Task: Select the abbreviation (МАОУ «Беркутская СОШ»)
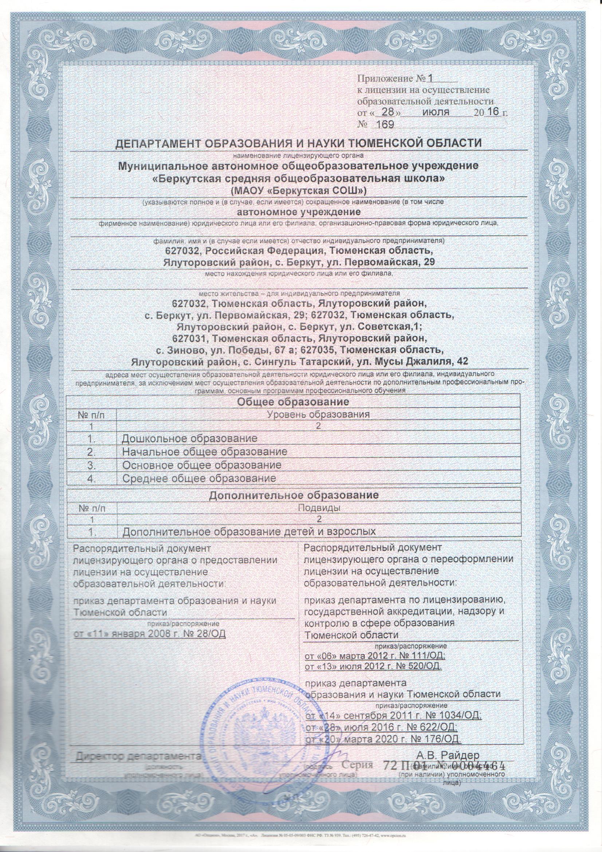pyautogui.click(x=298, y=191)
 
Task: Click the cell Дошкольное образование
pyautogui.click(x=190, y=438)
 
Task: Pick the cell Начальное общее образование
pyautogui.click(x=205, y=452)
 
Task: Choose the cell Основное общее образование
pyautogui.click(x=202, y=464)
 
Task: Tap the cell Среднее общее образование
pyautogui.click(x=199, y=478)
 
